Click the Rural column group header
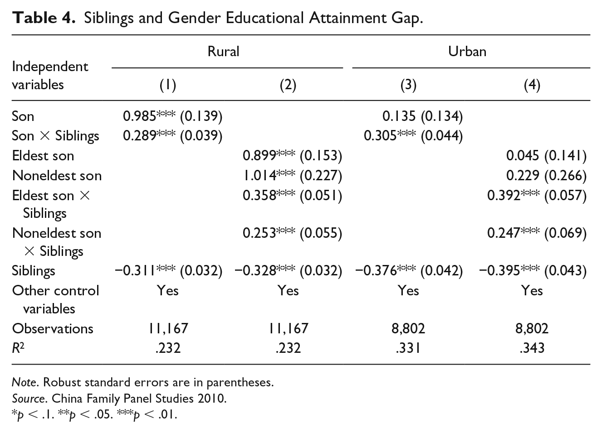pos(223,51)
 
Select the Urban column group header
pos(467,51)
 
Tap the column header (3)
pos(408,85)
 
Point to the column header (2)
pos(288,85)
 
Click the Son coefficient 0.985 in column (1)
pos(139,116)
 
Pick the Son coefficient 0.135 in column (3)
pos(399,116)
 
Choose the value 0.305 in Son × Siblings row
pos(380,135)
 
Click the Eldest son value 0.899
pos(259,156)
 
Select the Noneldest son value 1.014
pos(259,176)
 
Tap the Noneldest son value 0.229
pos(523,176)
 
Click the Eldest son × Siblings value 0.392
pos(504,196)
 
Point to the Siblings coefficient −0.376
pos(376,271)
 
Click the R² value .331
pos(408,348)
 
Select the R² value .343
pos(532,348)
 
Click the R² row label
pos(18,348)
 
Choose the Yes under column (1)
pos(168,290)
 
